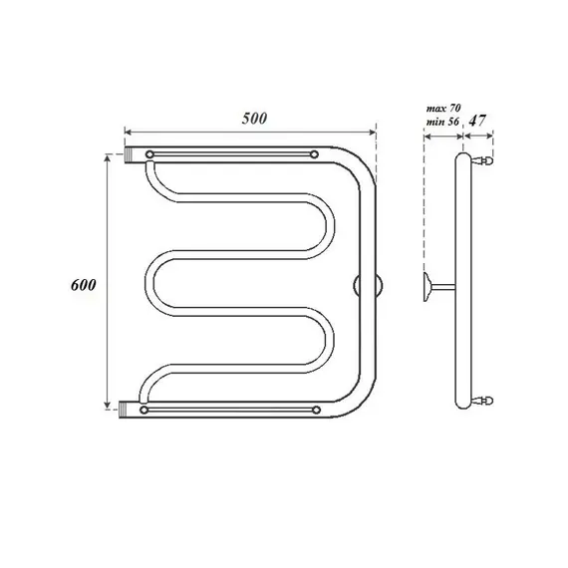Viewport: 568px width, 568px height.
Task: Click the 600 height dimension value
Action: click(83, 284)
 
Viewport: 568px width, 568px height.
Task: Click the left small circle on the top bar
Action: click(148, 155)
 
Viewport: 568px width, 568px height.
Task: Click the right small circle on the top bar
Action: click(314, 155)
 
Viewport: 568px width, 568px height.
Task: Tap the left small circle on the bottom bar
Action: click(146, 410)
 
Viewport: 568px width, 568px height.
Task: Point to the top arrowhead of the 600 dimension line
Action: click(108, 157)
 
